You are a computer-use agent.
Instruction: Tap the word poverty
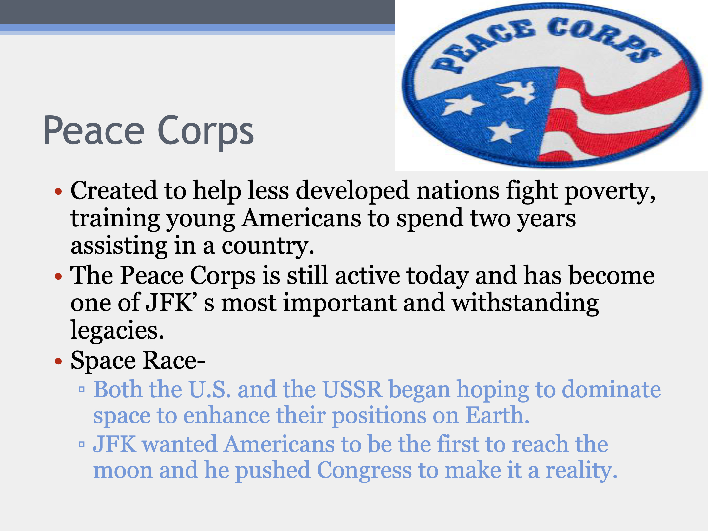tap(610, 191)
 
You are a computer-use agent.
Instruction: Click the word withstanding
tap(525, 304)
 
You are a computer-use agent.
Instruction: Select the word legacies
tap(117, 330)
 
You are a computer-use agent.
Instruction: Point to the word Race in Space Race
tap(174, 361)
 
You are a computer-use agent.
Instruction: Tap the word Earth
tap(498, 416)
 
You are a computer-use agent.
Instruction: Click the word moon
tap(123, 471)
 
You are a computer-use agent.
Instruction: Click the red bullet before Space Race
tap(58, 362)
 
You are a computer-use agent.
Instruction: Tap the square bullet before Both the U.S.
tap(82, 389)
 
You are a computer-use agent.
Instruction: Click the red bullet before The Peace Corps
tap(58, 276)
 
